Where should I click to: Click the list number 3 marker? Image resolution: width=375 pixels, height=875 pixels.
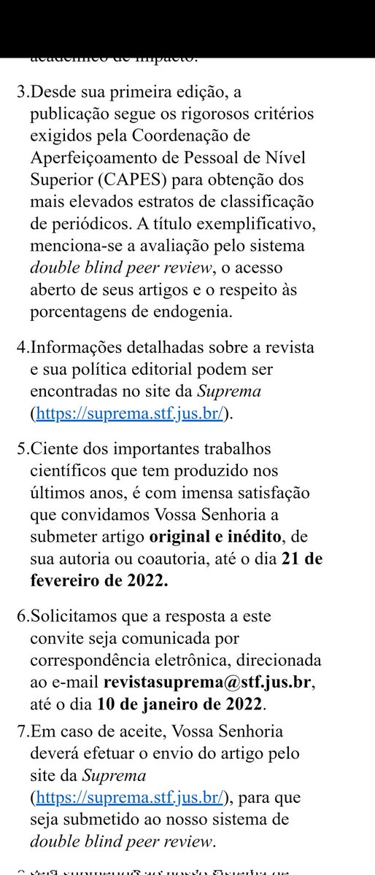pos(21,90)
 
